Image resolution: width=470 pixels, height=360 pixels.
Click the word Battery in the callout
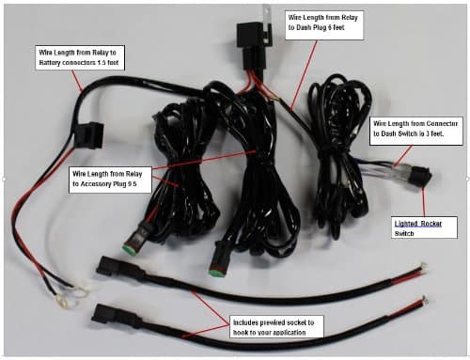[x=55, y=63]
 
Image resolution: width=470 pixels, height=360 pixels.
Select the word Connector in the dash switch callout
[x=438, y=123]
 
